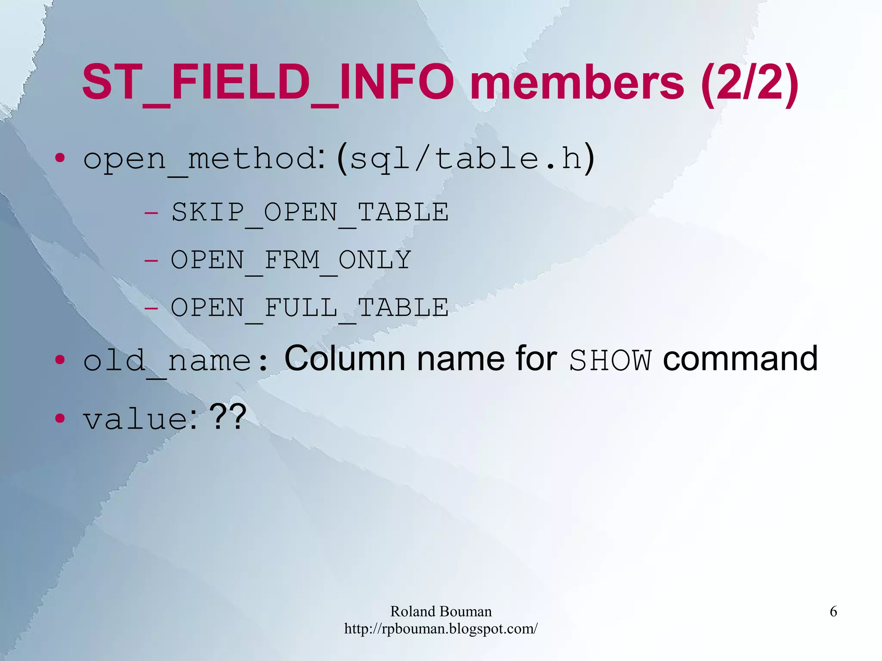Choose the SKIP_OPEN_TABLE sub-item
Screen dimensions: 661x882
(310, 212)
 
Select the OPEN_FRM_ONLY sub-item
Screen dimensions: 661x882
(291, 260)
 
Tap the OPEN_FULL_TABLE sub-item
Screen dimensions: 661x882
(310, 308)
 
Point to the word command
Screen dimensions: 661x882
(740, 358)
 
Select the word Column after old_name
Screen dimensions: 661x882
(345, 358)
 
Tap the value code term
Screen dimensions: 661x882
(136, 419)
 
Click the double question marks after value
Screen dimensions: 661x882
(228, 417)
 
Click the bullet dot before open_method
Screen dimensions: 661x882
(60, 158)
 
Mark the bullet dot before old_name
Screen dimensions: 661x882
(60, 360)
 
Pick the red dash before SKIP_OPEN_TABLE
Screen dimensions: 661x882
(151, 213)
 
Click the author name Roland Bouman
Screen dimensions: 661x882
(441, 611)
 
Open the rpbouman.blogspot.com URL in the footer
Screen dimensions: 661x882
(441, 629)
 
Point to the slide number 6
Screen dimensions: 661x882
(833, 611)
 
